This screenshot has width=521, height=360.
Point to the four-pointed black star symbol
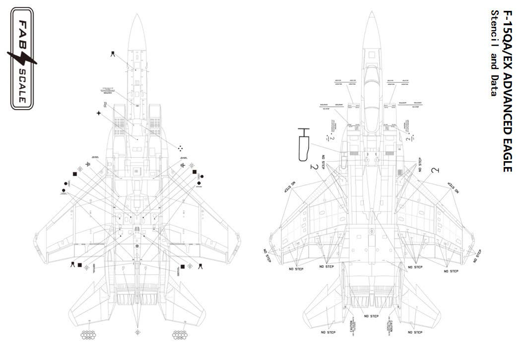(x=99, y=114)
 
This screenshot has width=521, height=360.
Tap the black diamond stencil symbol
(x=199, y=183)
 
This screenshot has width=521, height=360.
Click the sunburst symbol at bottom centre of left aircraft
(x=137, y=332)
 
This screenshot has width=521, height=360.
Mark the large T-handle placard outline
(x=303, y=145)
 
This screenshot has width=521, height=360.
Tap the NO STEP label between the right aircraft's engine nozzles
(x=371, y=316)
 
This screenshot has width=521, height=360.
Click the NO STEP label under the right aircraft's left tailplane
(x=328, y=332)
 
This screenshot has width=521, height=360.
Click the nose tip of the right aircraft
(x=371, y=13)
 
